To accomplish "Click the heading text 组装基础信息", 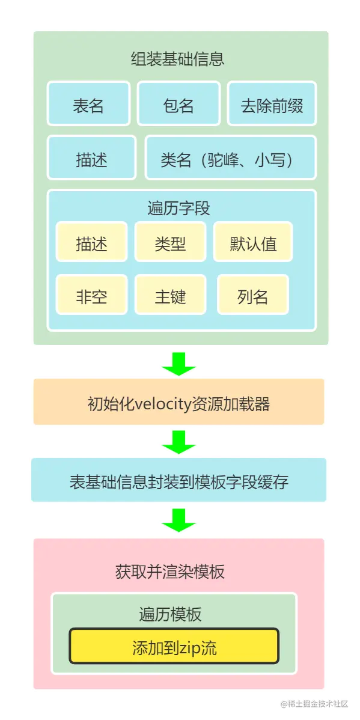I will tap(177, 59).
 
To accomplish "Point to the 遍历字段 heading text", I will tap(178, 208).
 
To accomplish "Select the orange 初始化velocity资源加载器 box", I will tap(178, 403).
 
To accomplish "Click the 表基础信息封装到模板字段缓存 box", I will tap(178, 481).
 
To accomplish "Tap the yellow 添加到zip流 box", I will tap(174, 647).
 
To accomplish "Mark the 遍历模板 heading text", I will tap(170, 614).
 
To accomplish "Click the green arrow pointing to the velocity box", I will tap(178, 363).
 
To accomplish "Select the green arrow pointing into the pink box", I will tap(178, 519).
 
